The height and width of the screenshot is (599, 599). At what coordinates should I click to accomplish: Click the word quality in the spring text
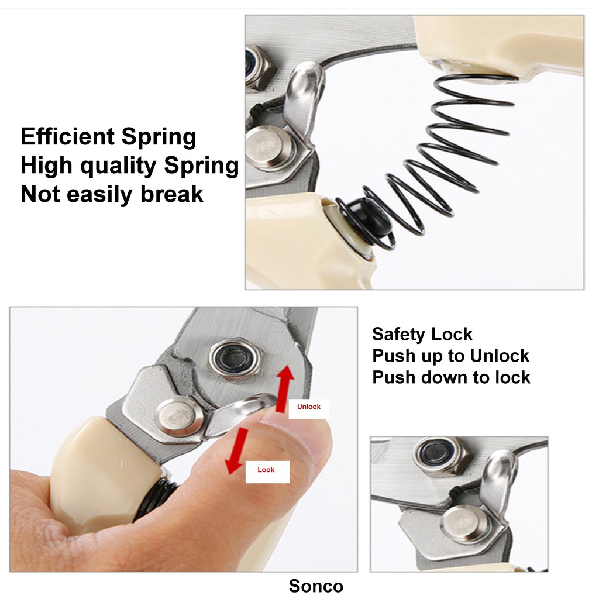point(119,166)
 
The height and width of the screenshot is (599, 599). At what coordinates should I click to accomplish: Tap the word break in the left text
point(172,194)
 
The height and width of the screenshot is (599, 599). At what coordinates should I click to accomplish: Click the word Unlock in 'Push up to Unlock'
point(500,356)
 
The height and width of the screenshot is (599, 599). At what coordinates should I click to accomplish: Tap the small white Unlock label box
point(309,408)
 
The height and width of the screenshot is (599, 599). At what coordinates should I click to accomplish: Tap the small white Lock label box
point(267,471)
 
